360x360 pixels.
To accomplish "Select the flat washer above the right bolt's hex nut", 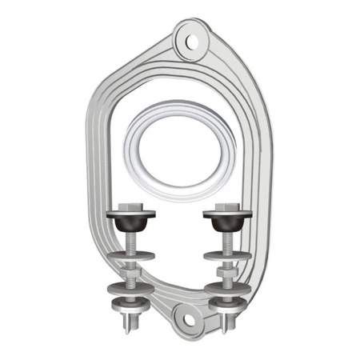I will click(226, 256).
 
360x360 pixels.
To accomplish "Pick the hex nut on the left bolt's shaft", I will click(130, 272).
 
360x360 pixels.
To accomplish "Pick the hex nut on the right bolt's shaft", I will click(227, 272).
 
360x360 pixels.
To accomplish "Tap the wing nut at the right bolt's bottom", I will click(226, 318).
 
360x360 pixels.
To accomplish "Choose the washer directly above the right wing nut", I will click(226, 303).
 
